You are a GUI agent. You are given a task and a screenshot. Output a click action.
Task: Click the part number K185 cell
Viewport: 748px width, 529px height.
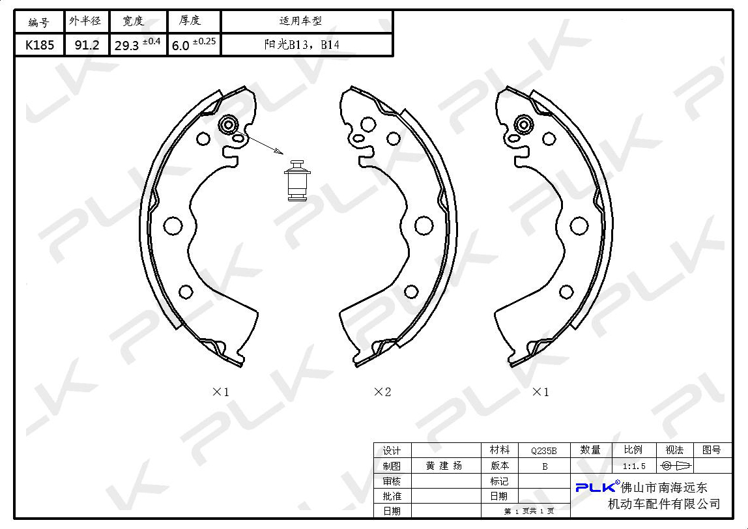(x=40, y=45)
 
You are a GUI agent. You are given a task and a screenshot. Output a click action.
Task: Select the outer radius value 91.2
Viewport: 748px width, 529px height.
(x=87, y=45)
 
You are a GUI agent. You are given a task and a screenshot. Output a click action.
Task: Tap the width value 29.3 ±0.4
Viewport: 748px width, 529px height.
(x=137, y=44)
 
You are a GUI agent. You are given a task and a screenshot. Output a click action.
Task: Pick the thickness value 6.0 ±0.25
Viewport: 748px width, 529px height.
(x=194, y=44)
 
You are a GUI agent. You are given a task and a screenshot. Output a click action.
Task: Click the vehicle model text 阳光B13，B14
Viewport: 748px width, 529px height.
(x=302, y=45)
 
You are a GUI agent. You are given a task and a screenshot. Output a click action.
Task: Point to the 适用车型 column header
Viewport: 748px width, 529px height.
(x=300, y=20)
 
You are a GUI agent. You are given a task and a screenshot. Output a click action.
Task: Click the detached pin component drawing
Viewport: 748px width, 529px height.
(x=297, y=180)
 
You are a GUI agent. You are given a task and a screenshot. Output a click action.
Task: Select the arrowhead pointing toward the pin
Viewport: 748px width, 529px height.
(x=278, y=152)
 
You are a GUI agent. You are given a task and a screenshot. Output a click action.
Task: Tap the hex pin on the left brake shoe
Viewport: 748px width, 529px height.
(x=228, y=125)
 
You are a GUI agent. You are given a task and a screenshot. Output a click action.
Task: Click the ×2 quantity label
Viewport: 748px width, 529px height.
(x=382, y=392)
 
